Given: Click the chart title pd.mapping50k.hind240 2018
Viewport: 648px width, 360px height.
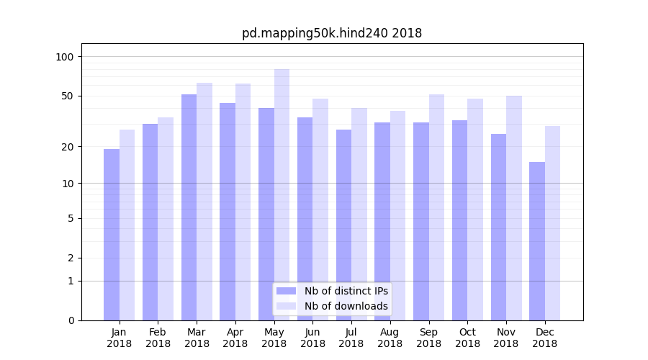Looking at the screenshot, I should coord(331,33).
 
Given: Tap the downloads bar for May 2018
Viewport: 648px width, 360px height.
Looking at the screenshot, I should coord(282,194).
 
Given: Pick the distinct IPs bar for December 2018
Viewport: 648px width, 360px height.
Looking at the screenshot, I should coord(537,241).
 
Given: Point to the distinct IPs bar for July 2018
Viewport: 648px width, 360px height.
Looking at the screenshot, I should coord(343,225).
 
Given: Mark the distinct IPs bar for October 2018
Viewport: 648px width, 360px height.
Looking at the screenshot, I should coord(460,220).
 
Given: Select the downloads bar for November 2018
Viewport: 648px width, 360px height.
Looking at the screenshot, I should coord(514,208).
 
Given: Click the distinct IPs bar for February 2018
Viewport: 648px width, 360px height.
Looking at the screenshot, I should coord(150,222).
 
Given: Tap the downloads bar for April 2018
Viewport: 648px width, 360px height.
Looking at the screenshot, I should coord(243,202).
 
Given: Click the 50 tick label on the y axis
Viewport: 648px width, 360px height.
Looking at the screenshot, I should coord(68,96).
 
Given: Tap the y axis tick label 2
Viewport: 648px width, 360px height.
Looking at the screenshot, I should coord(71,258).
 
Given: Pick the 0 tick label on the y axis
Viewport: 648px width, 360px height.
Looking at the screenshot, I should coord(71,320).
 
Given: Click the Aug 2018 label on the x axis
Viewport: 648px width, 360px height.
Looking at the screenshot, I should coord(390,338).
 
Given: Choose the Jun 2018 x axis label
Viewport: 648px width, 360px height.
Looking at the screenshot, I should coord(312,338).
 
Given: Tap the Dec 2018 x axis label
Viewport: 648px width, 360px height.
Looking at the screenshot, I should coord(545,338).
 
